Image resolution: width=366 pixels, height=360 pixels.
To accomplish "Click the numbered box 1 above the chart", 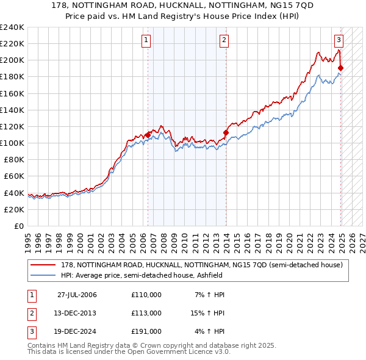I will click(147, 41).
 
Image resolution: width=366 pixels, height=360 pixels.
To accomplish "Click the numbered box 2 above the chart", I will click(224, 41).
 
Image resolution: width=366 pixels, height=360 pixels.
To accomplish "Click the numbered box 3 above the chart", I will click(339, 41).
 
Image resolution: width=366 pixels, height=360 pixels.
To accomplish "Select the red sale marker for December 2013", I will click(226, 132).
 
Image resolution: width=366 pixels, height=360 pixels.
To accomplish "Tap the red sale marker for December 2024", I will click(340, 68).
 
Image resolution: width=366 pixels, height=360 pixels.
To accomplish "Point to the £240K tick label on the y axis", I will click(12, 27).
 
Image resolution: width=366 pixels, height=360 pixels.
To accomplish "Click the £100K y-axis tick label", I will click(12, 143).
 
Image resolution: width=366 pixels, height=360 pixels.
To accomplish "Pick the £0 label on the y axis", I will click(18, 226).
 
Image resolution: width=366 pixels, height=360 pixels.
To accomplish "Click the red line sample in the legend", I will click(43, 265).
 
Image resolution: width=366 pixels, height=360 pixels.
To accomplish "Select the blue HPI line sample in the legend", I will click(43, 275).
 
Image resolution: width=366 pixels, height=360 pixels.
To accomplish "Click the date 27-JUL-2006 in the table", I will click(77, 295).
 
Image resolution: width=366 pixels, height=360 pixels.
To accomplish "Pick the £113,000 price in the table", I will click(146, 313).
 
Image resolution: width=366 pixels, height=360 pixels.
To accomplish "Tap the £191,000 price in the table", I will click(146, 331).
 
